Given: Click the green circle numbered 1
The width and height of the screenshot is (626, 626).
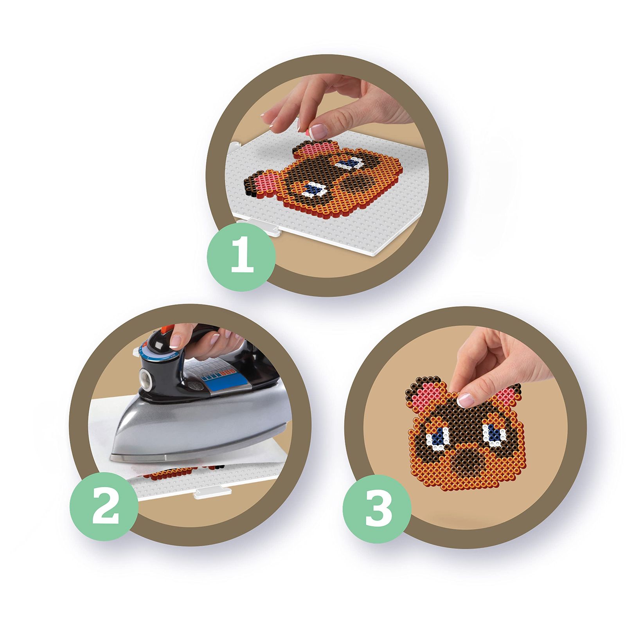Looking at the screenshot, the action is (x=241, y=256).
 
